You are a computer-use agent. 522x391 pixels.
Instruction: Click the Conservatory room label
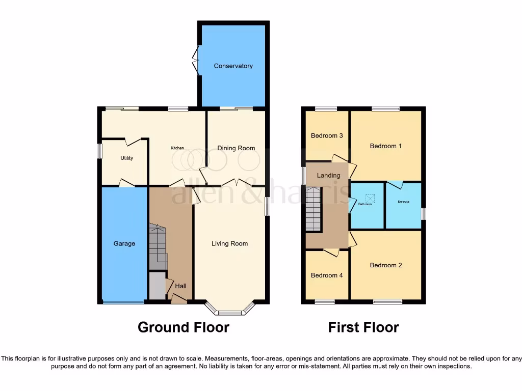click(233, 66)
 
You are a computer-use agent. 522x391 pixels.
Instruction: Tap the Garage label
click(124, 243)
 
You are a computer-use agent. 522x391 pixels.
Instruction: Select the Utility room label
click(126, 158)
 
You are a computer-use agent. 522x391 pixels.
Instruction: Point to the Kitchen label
click(177, 148)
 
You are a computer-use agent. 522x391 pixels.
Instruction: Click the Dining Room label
click(236, 148)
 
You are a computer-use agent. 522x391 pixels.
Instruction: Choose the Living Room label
click(229, 243)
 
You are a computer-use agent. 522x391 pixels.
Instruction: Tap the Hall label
click(180, 286)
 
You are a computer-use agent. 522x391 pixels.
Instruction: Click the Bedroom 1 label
click(385, 146)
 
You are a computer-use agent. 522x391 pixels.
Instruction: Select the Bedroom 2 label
click(386, 265)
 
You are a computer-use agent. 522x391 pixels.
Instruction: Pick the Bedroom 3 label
click(327, 135)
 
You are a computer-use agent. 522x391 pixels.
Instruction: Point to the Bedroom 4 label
click(327, 275)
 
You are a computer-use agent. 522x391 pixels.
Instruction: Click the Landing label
click(328, 175)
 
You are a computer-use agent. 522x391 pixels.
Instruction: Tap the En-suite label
click(404, 202)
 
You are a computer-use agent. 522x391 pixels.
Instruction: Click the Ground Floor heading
click(184, 327)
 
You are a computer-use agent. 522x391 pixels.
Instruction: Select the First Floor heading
click(363, 327)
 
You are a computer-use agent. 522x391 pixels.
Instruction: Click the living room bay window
click(229, 311)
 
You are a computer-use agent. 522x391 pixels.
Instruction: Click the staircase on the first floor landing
click(315, 209)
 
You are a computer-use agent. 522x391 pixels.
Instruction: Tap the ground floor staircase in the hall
click(158, 247)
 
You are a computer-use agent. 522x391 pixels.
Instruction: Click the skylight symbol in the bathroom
click(370, 199)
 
